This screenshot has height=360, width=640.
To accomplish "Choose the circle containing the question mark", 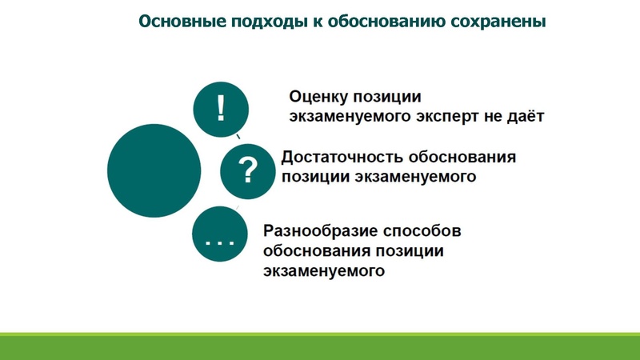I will (x=248, y=170).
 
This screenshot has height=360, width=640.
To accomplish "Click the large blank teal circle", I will (x=154, y=170).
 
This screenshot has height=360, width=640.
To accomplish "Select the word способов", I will (x=426, y=232).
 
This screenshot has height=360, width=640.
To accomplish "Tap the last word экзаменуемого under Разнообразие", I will (x=324, y=272).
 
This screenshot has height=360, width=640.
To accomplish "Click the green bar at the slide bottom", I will (x=320, y=346).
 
